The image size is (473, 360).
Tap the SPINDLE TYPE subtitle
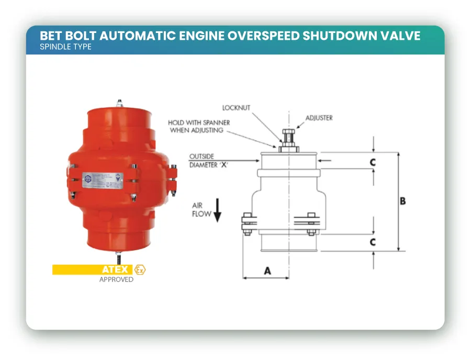pyautogui.click(x=65, y=47)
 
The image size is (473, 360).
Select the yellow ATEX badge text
pyautogui.click(x=115, y=269)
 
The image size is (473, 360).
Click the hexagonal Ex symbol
pyautogui.click(x=140, y=269)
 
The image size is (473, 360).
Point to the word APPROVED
pyautogui.click(x=116, y=279)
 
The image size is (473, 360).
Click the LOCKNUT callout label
pyautogui.click(x=236, y=108)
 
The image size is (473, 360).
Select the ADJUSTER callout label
pyautogui.click(x=319, y=118)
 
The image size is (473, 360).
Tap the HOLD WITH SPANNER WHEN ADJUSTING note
pyautogui.click(x=198, y=126)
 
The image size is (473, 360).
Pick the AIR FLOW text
pyautogui.click(x=201, y=210)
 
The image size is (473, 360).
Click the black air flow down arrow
pyautogui.click(x=218, y=210)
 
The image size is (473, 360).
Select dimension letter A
pyautogui.click(x=267, y=271)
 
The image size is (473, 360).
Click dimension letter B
pyautogui.click(x=402, y=201)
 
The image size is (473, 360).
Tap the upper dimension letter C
pyautogui.click(x=373, y=163)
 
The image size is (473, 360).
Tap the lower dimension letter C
pyautogui.click(x=373, y=242)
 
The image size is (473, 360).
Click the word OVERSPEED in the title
pyautogui.click(x=256, y=36)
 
